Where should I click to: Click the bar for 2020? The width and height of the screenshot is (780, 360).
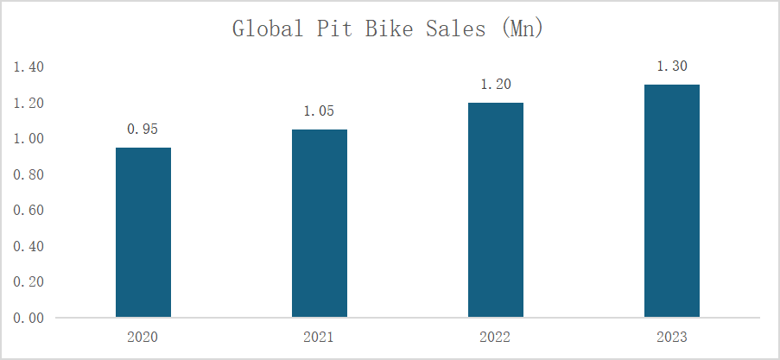pos(143,232)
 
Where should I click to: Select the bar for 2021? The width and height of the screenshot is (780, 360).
pos(320,224)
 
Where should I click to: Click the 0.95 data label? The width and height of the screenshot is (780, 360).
pos(143,129)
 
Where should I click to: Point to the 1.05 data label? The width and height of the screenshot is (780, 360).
pos(320,111)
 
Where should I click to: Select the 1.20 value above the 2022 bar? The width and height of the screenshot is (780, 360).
pos(496,84)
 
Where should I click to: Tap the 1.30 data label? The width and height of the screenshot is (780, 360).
pos(672,66)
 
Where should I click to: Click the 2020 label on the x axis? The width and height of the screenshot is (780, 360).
pos(143,337)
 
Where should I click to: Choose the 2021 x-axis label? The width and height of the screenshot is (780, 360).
pos(320,337)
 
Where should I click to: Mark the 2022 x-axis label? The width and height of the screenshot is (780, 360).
pos(496,337)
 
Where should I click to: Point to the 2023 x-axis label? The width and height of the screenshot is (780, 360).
pos(672,337)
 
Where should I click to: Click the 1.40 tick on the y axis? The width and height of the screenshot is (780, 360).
pos(30,67)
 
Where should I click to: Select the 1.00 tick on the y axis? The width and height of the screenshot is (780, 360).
pos(30,139)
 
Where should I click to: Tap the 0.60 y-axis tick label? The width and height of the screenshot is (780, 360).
pos(30,211)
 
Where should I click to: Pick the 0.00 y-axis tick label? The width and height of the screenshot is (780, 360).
pos(30,318)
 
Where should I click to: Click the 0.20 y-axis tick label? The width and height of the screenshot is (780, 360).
pos(30,282)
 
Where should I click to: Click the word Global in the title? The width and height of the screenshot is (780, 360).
pos(268,28)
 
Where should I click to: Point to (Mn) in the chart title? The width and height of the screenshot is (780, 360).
pos(522,28)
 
